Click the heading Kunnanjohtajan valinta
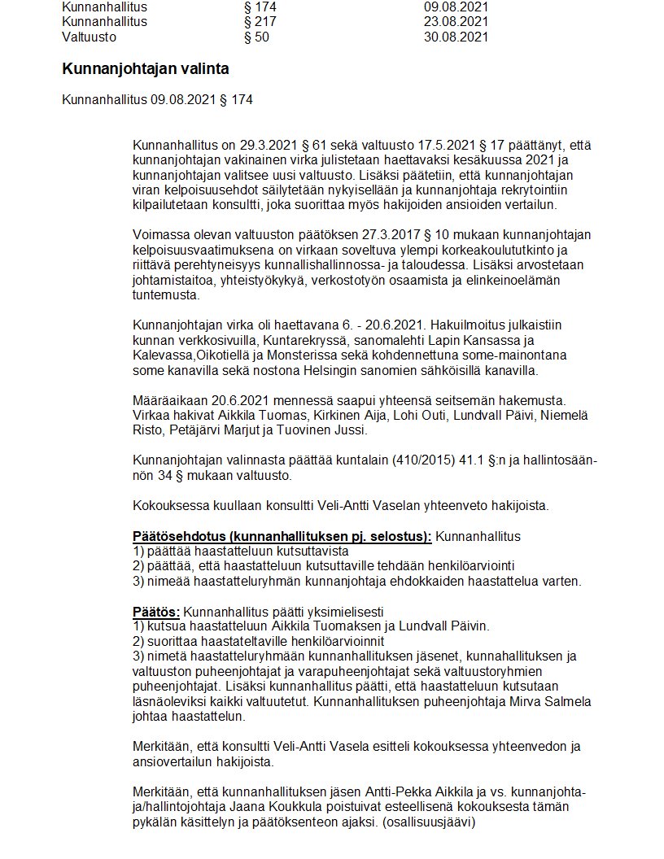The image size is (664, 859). pos(146,69)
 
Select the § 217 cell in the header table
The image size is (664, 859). pos(260,22)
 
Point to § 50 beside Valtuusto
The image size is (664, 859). pos(256,37)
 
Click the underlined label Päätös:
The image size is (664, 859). pos(157,612)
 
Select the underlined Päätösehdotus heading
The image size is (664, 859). pos(282,537)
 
